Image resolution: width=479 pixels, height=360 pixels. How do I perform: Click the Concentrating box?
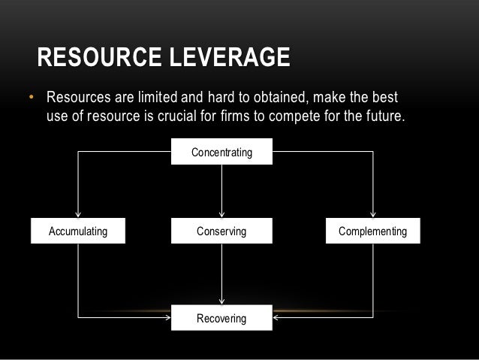(221, 153)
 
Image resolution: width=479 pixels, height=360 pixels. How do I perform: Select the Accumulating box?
(77, 231)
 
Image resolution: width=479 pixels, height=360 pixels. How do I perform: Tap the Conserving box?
(221, 231)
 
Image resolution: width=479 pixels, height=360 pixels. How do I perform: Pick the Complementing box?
(372, 231)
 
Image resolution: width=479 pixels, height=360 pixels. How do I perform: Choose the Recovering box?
(221, 319)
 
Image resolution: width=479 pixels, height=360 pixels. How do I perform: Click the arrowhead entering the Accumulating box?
(77, 216)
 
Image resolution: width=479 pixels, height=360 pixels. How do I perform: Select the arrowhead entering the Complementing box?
(372, 216)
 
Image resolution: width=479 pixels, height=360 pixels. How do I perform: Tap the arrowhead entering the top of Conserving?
(221, 216)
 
